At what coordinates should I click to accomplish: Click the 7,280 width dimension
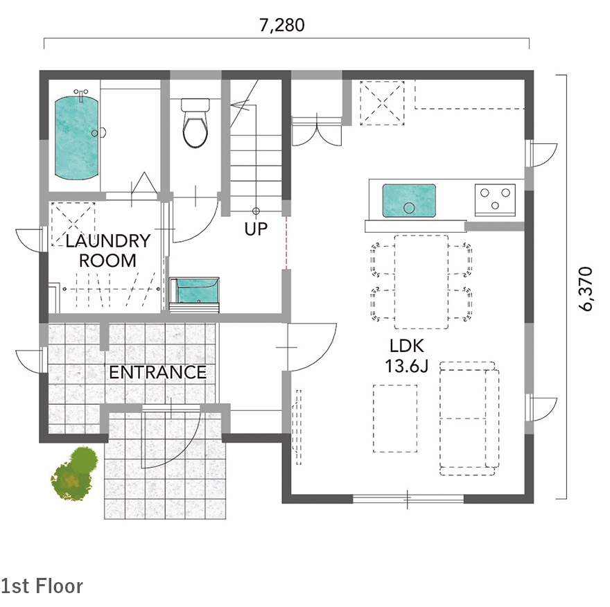[281, 25]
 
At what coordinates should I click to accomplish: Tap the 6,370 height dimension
[586, 289]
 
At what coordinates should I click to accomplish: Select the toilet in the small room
[195, 123]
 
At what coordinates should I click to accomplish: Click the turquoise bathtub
[76, 138]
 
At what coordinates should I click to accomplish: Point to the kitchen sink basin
[409, 201]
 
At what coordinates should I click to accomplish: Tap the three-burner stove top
[495, 200]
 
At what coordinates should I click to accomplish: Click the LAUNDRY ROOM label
[107, 251]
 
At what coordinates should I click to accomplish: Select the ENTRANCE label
[157, 373]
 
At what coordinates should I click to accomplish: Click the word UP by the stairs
[256, 229]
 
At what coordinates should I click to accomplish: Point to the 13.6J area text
[406, 367]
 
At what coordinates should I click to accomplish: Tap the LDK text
[407, 346]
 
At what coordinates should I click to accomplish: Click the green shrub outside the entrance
[75, 473]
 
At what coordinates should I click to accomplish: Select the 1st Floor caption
[42, 586]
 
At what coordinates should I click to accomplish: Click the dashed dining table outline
[421, 282]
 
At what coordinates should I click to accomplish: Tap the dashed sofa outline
[469, 419]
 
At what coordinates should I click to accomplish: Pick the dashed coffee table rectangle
[395, 419]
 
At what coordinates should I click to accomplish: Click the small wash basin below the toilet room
[194, 294]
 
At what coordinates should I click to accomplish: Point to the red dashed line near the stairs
[287, 243]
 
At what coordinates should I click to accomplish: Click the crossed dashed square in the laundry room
[73, 224]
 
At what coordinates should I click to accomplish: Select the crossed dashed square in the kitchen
[382, 103]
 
